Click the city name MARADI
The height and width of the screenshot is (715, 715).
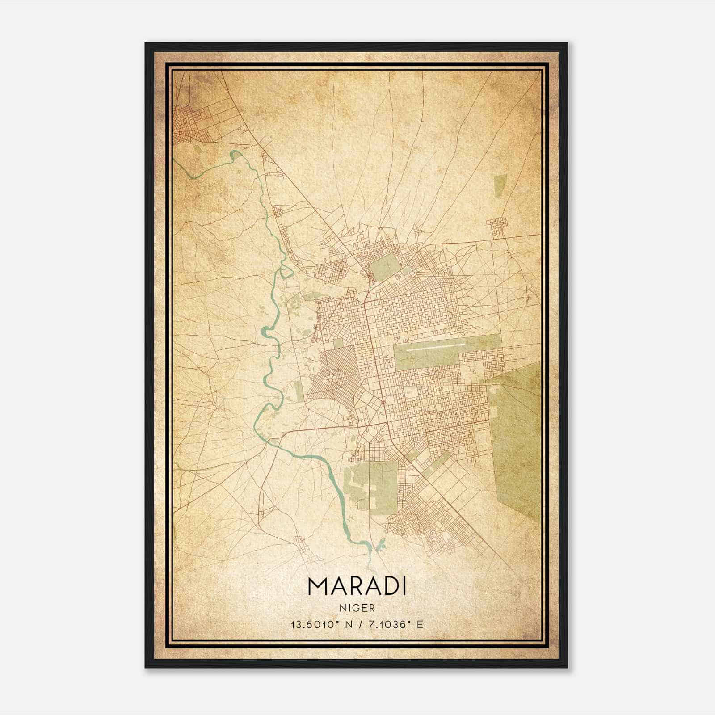click(x=357, y=586)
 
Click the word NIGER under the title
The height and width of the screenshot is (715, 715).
click(x=357, y=608)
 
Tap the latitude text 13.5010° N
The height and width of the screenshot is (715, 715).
click(x=320, y=625)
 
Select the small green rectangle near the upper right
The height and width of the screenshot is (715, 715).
click(x=499, y=186)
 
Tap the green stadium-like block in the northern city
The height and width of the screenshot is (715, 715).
click(x=386, y=266)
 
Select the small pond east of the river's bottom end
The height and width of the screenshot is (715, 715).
click(x=381, y=545)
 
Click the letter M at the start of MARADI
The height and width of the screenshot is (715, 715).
click(x=317, y=586)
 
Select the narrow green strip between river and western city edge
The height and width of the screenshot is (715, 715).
click(x=299, y=391)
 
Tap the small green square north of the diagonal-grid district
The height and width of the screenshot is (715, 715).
click(x=338, y=343)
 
